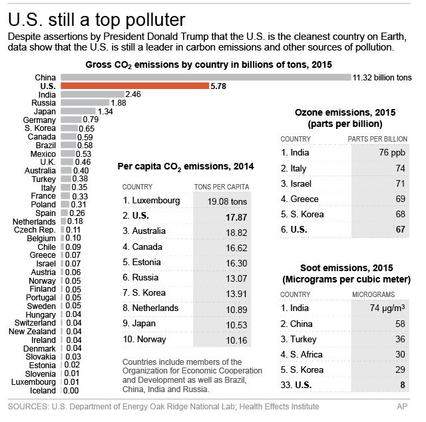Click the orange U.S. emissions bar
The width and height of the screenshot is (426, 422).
(x=134, y=86)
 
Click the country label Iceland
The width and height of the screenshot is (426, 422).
(x=43, y=391)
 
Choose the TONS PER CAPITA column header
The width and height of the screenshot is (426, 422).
(x=220, y=187)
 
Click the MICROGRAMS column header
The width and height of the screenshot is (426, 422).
(x=373, y=293)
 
